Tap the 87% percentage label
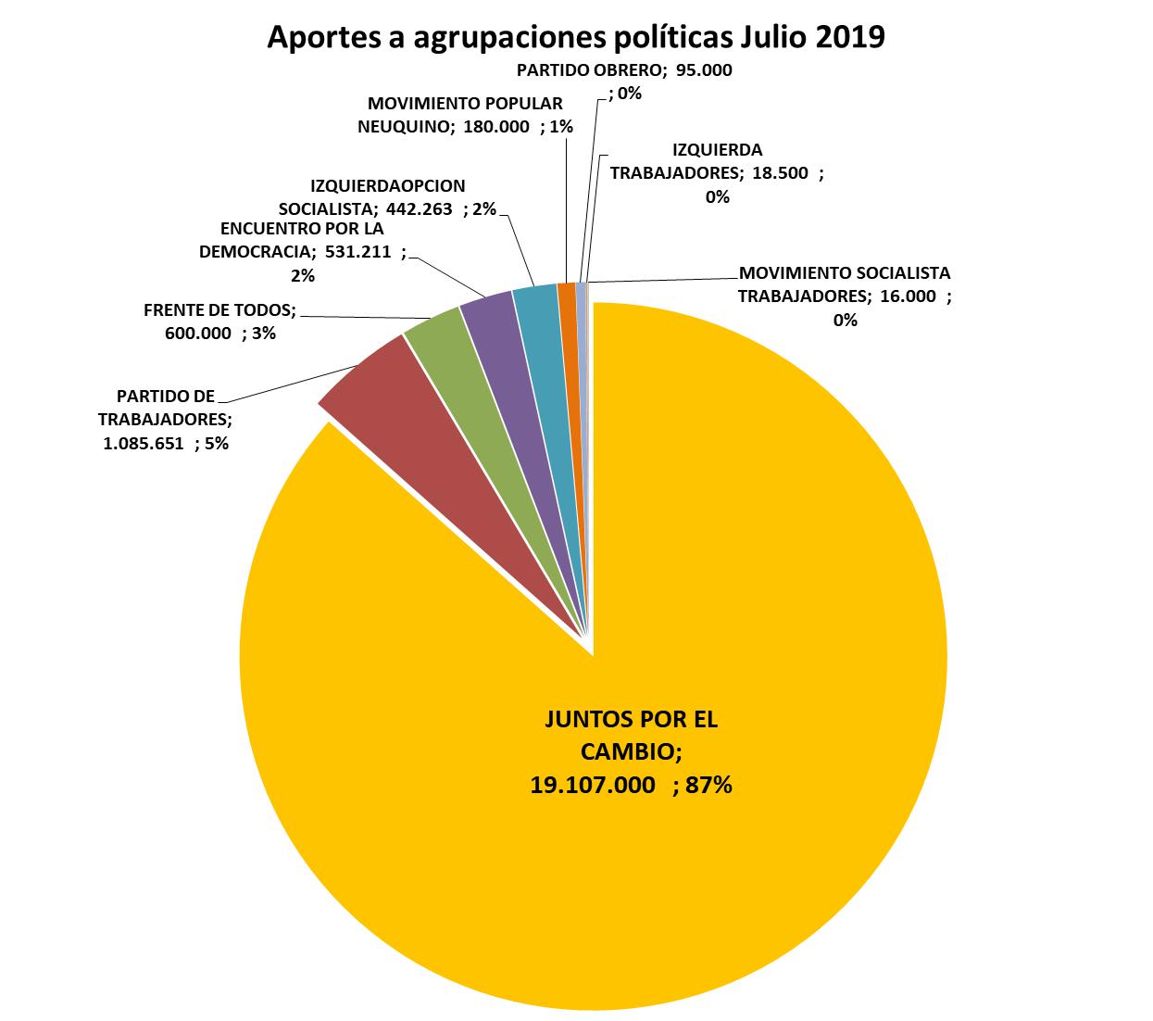click(x=708, y=786)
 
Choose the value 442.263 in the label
click(x=420, y=209)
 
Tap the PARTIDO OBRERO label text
click(x=587, y=69)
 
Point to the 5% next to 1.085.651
click(x=216, y=443)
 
